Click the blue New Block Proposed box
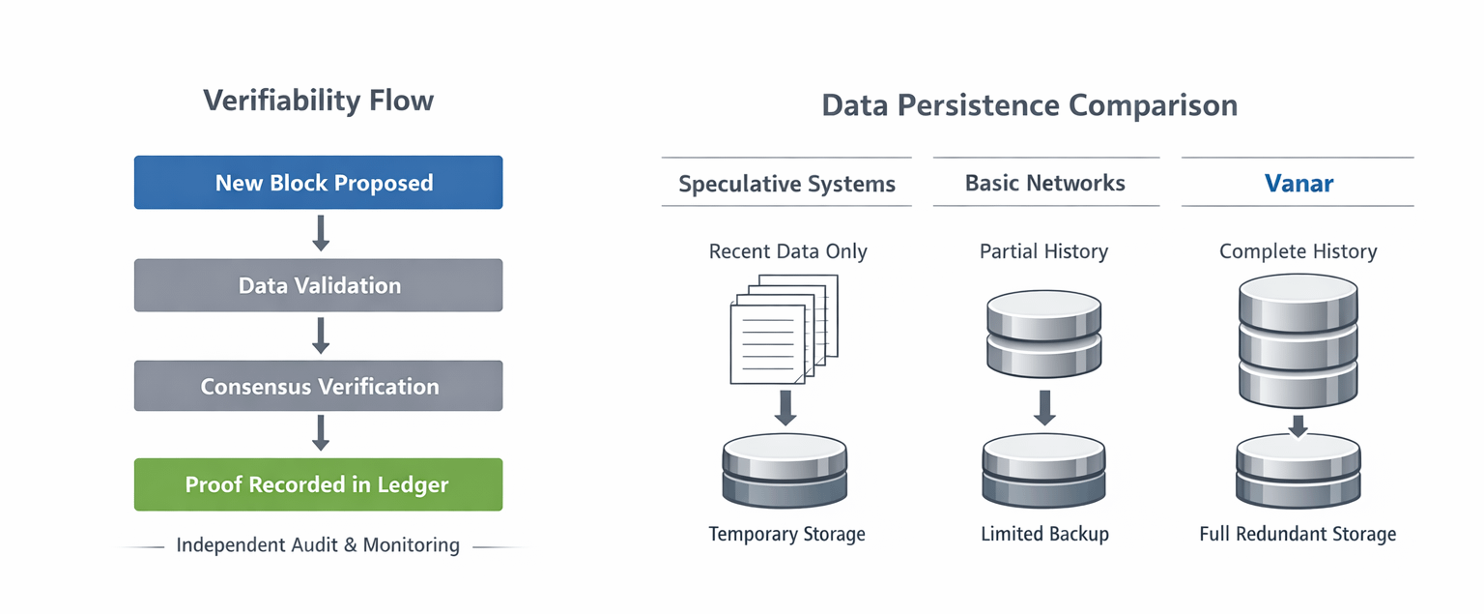point(318,183)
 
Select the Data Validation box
point(318,285)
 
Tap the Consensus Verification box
point(318,386)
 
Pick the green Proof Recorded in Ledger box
point(318,484)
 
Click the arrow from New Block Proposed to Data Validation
point(321,233)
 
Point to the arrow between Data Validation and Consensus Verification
point(321,336)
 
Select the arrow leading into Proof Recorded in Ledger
point(321,433)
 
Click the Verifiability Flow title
point(318,101)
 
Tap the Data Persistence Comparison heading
point(1030,105)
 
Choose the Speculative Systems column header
point(786,184)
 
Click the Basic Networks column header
point(1044,183)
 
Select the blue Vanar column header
point(1298,183)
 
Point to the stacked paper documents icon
point(785,330)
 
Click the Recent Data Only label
point(787,251)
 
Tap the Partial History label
point(1043,251)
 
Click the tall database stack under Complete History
point(1298,340)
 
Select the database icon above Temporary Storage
point(785,471)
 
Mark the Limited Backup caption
point(1044,534)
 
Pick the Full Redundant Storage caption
point(1298,534)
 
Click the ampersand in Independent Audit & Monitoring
point(351,545)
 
